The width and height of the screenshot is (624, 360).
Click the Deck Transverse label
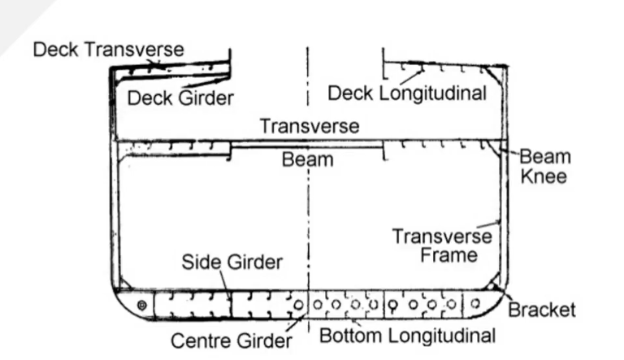108,49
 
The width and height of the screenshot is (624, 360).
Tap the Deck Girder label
180,98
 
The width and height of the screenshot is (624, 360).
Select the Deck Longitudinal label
406,93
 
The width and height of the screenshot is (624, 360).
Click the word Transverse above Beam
310,126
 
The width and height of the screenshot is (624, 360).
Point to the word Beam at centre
307,158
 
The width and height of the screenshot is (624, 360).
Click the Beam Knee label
544,166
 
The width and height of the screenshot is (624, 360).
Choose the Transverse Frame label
442,246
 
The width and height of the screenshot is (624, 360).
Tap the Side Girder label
232,262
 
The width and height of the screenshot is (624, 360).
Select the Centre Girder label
231,340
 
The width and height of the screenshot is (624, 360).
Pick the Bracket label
542,310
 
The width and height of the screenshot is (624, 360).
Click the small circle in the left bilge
142,305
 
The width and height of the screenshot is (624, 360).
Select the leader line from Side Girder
223,280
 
